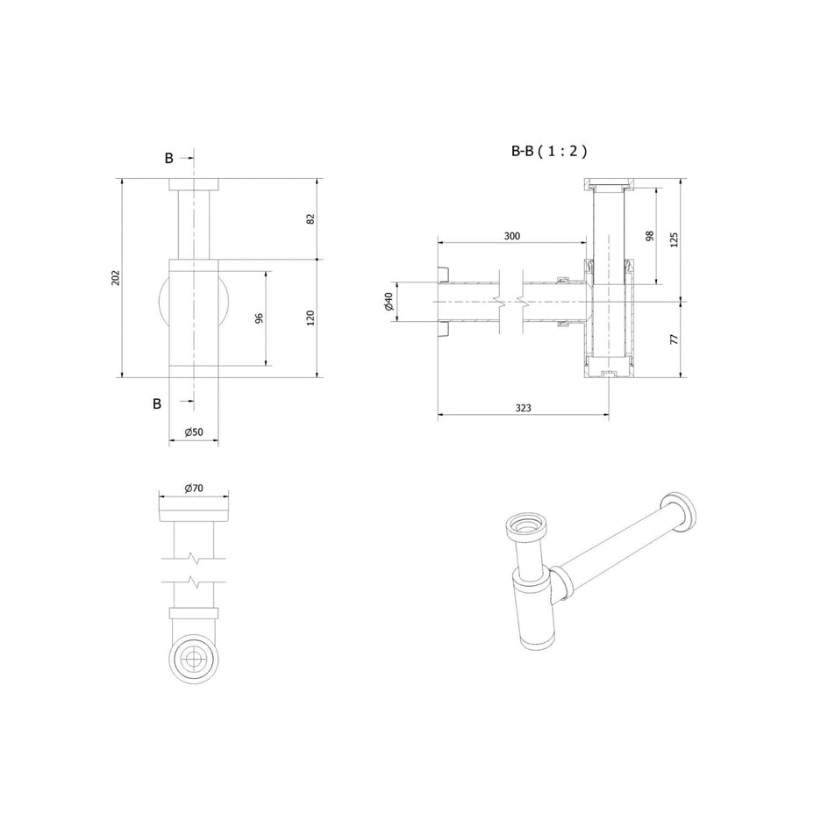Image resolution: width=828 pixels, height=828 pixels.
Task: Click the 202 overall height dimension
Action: [116, 278]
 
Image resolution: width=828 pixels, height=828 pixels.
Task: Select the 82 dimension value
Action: [310, 218]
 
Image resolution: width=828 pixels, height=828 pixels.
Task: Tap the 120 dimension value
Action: [310, 318]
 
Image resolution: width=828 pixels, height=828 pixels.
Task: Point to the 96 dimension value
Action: [259, 318]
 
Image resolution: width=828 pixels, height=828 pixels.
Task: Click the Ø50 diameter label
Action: [194, 432]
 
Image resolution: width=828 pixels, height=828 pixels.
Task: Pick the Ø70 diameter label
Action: [194, 488]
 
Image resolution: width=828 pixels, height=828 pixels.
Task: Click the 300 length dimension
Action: [511, 236]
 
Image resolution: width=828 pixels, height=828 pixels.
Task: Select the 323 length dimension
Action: [523, 408]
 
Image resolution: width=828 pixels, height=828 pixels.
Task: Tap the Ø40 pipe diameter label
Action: [389, 302]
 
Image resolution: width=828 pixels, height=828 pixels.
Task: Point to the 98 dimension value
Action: [650, 236]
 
